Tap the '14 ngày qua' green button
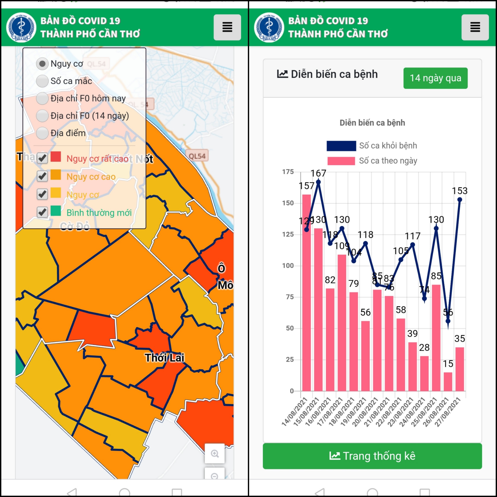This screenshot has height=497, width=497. [435, 78]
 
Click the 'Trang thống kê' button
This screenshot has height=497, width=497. [372, 456]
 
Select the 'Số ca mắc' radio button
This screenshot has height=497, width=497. [42, 81]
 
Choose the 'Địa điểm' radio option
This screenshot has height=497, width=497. [42, 133]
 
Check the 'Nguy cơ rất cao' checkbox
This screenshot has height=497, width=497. [42, 158]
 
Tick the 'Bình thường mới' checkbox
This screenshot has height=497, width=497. [42, 212]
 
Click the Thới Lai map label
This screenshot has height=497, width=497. [164, 358]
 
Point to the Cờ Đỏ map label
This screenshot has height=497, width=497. [75, 226]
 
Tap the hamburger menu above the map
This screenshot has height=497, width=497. [227, 27]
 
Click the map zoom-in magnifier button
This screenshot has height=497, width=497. [215, 454]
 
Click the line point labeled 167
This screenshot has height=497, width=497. [318, 182]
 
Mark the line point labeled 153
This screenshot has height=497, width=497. [460, 200]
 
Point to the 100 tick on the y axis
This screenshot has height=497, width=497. [288, 266]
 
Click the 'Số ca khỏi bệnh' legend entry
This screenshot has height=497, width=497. [372, 146]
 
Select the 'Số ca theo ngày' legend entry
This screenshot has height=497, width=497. [372, 161]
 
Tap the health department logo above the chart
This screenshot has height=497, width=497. [269, 27]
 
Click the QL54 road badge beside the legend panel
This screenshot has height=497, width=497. [197, 156]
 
